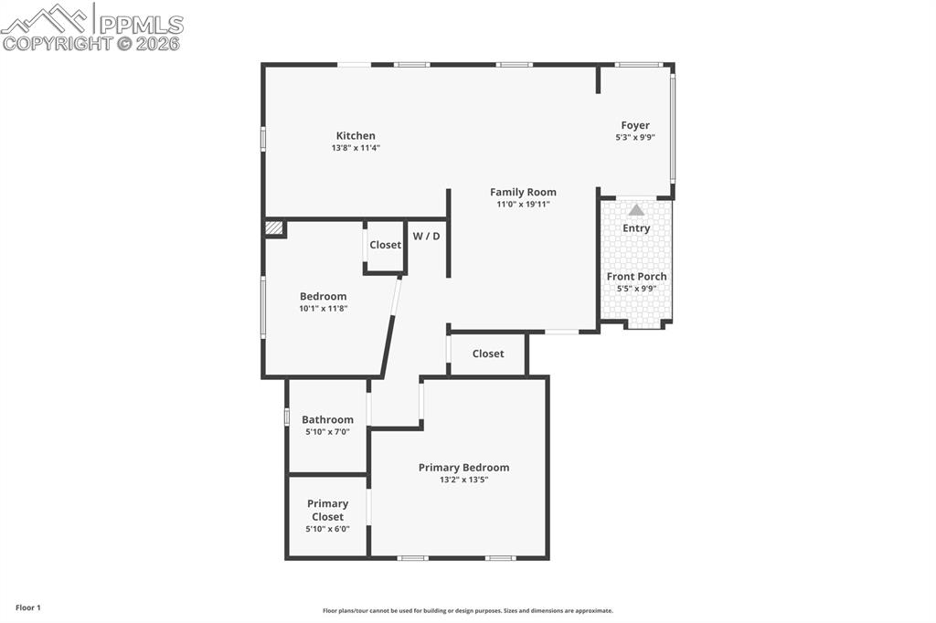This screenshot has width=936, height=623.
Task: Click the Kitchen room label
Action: (x=356, y=136)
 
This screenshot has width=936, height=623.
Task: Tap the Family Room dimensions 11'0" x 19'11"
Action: (x=523, y=204)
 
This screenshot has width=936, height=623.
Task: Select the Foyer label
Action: (x=635, y=125)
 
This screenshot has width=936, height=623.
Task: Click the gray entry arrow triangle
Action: (x=636, y=210)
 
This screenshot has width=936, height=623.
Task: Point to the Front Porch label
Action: (x=636, y=276)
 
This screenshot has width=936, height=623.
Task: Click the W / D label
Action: (x=426, y=237)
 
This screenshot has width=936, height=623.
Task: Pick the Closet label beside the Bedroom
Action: (x=385, y=245)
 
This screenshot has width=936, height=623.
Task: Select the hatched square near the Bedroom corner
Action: (x=273, y=228)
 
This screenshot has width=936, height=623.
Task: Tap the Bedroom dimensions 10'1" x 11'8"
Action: (x=323, y=308)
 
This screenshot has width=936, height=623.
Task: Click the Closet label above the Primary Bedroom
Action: (x=488, y=354)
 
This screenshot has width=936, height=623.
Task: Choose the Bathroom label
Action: (x=327, y=419)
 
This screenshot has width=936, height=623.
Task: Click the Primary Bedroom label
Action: (x=463, y=467)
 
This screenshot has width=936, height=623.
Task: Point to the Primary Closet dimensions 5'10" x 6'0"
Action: (x=327, y=529)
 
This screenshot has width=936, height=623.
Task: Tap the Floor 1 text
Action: (x=27, y=607)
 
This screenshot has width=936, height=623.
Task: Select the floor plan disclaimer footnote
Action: (x=467, y=611)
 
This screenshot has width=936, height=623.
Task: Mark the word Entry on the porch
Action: (x=636, y=228)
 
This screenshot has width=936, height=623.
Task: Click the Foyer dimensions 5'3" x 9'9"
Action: (x=635, y=137)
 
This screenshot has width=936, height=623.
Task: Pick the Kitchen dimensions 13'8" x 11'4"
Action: (x=356, y=147)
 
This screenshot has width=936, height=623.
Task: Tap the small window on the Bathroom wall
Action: (x=287, y=417)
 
